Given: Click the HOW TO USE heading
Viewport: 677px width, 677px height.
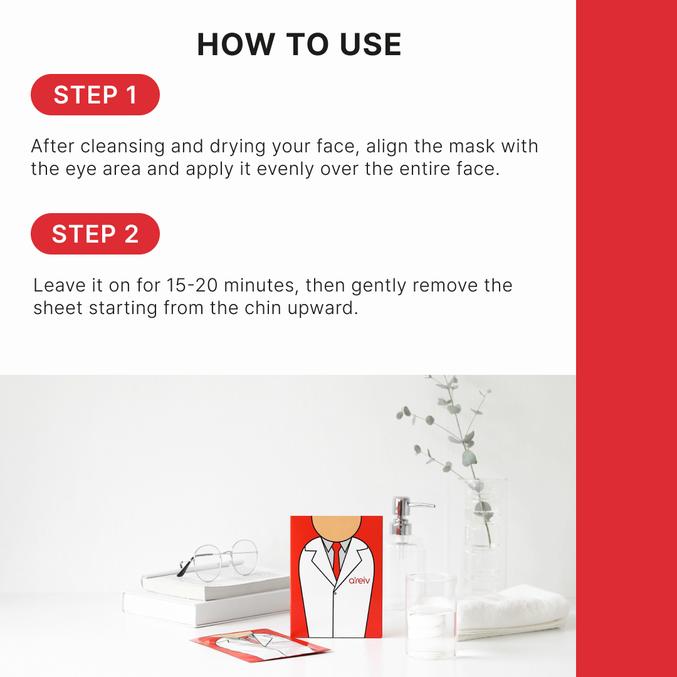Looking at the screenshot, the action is [299, 44].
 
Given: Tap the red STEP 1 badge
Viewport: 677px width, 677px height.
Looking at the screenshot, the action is [95, 95].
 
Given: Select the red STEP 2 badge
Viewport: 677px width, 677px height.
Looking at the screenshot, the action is [95, 234].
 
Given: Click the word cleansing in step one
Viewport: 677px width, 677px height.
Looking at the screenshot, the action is [122, 147].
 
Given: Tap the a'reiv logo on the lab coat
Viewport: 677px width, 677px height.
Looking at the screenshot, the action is [359, 580].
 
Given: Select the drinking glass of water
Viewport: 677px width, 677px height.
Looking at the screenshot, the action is [431, 616].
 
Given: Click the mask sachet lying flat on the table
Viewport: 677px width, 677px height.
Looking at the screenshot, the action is [260, 645].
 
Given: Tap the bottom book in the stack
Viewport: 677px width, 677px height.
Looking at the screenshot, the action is [206, 608].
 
